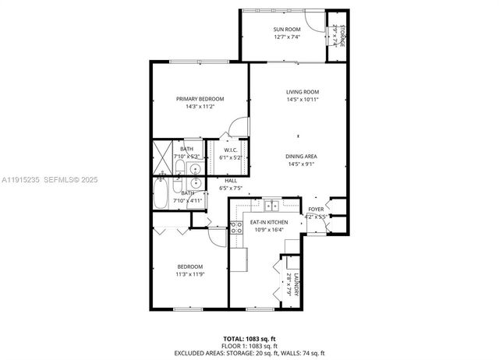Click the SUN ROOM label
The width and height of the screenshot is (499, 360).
point(287,29)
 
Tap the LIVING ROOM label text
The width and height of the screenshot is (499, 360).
point(302,91)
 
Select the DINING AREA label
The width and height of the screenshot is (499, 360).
point(302,156)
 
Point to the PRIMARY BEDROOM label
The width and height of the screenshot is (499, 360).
point(200,99)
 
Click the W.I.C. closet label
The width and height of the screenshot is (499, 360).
point(231,150)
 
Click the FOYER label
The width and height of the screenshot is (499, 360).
point(315,210)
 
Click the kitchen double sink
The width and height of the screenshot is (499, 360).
point(271,206)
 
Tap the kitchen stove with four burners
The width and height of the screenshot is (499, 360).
point(235,228)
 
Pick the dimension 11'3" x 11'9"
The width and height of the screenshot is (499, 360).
point(189,274)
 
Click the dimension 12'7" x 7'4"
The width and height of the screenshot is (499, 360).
point(287,37)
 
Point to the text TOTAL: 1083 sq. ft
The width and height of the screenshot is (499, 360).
point(249,337)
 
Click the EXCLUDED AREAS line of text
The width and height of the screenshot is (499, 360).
point(249,352)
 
